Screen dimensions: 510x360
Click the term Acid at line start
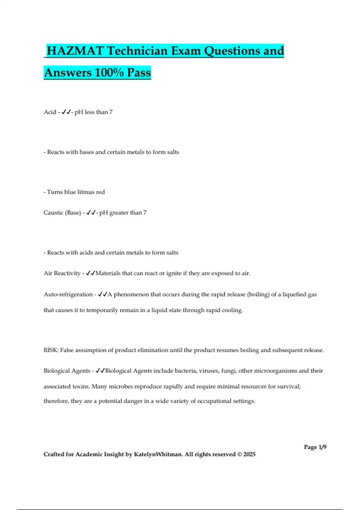click(x=50, y=112)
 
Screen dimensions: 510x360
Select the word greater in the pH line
click(x=119, y=213)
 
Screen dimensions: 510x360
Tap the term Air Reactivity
click(x=62, y=273)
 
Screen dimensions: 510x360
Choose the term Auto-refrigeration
click(x=68, y=295)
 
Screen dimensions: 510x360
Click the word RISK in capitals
click(x=51, y=350)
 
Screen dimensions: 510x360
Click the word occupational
click(x=214, y=401)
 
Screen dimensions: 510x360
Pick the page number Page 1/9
click(x=315, y=447)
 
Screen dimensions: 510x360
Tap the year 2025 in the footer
click(x=249, y=454)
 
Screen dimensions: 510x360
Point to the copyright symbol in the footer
click(x=239, y=454)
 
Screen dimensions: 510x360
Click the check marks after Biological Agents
click(x=100, y=371)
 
